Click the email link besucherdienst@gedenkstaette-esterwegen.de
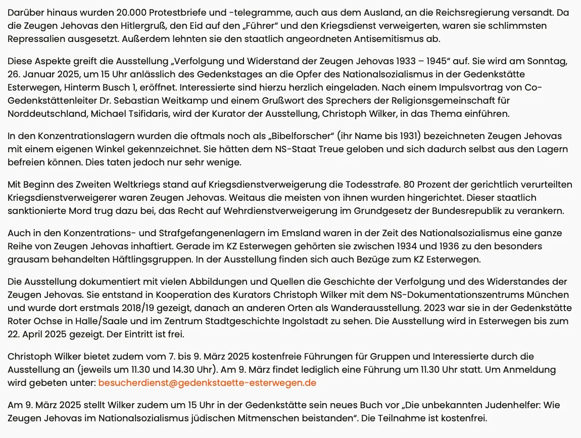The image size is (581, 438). click(x=207, y=383)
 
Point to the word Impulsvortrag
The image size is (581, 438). click(x=464, y=87)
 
